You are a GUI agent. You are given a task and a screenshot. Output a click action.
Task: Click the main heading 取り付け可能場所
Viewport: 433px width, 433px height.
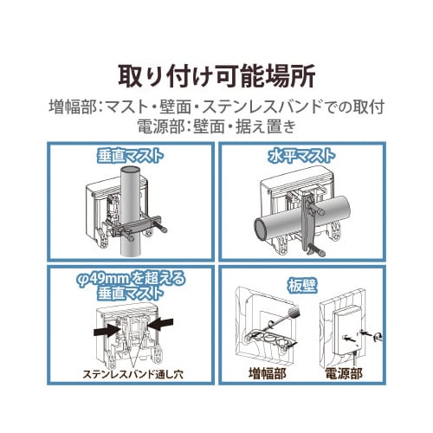[x=216, y=77]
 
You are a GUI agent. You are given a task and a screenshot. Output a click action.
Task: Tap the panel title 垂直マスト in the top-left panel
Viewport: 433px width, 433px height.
[x=130, y=156]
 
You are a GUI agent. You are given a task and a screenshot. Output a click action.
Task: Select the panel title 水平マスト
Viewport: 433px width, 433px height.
[x=301, y=156]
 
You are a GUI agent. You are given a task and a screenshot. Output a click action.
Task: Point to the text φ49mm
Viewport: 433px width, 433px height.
[x=103, y=279]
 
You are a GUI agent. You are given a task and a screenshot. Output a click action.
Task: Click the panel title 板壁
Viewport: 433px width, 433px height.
[x=301, y=286]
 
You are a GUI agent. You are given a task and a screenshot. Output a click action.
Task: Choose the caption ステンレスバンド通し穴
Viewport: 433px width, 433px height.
[x=132, y=374]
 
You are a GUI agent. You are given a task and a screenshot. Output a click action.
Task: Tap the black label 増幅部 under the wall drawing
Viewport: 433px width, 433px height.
[x=268, y=374]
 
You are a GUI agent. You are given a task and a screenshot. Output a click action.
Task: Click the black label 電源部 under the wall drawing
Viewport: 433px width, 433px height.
[x=344, y=374]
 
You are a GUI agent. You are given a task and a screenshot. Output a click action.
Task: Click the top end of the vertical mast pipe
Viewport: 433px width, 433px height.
[x=131, y=169]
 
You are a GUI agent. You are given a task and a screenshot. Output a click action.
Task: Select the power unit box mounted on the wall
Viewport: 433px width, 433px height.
[x=346, y=328]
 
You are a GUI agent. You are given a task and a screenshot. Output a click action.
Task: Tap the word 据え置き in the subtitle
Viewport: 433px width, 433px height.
[x=266, y=126]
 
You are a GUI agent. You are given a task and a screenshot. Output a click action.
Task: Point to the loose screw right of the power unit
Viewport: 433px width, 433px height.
[x=378, y=336]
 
